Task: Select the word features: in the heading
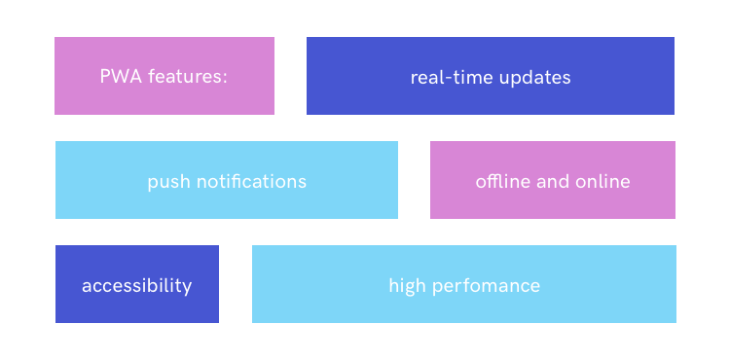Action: point(188,76)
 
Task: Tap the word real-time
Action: point(452,78)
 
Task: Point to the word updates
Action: point(535,78)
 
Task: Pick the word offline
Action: point(503,180)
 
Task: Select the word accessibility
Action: point(137,286)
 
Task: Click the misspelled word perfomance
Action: point(486,286)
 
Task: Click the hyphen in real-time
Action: point(450,80)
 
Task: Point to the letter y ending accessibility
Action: point(187,289)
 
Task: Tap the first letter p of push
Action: point(153,184)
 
